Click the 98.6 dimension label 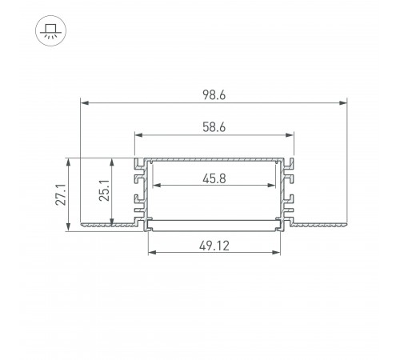point(214,95)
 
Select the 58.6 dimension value point(214,127)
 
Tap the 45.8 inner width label point(214,178)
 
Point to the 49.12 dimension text point(214,246)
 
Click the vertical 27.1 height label point(61,194)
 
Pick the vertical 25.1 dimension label point(104,190)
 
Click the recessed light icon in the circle point(50,31)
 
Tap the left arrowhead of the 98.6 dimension point(85,102)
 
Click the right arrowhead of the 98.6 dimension point(343,102)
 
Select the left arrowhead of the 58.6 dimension point(138,135)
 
